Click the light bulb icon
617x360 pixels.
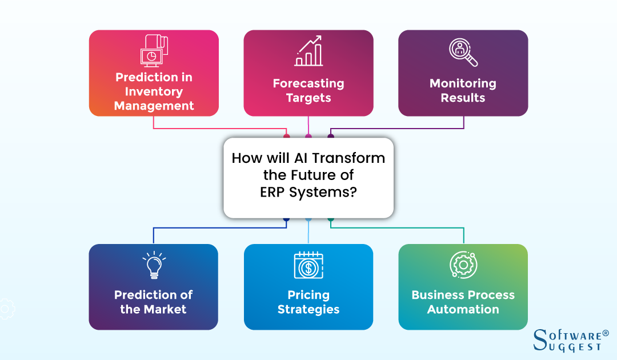(153, 266)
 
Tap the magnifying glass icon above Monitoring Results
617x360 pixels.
(463, 53)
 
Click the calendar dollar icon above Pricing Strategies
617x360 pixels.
(308, 265)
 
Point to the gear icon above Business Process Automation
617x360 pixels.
(463, 265)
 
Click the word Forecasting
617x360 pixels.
(308, 83)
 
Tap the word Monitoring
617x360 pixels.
(463, 83)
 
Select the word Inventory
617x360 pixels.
(154, 91)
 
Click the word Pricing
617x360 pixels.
(308, 295)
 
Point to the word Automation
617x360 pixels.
(463, 310)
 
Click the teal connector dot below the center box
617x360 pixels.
(330, 219)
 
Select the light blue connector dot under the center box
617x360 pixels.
(308, 219)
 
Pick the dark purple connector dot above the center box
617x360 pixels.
(330, 137)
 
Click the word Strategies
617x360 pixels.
(308, 310)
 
